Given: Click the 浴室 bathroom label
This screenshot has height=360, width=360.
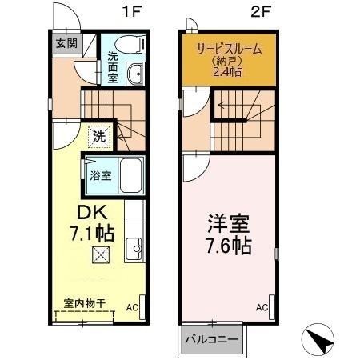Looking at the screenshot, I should tap(99, 175).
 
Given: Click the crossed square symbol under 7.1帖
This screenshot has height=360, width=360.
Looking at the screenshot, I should tap(100, 255).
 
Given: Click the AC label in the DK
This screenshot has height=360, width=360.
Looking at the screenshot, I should tap(131, 306).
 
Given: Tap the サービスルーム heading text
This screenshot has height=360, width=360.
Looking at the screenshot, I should tap(228, 49).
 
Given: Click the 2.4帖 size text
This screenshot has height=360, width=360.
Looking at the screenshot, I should tap(227, 72).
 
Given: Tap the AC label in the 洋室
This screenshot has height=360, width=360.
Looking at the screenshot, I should tap(262, 307).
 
